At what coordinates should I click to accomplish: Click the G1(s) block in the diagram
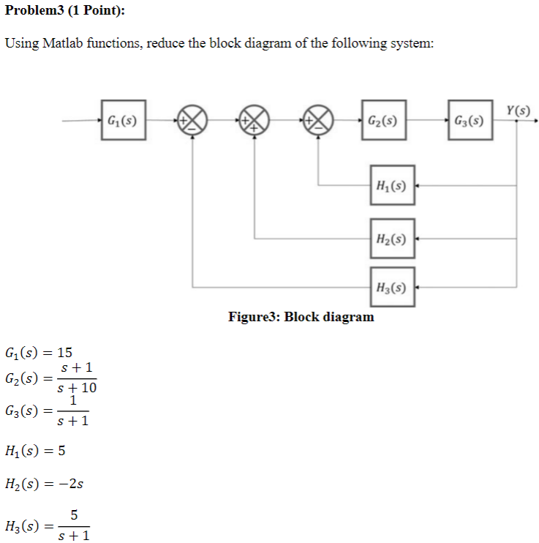[x=124, y=120]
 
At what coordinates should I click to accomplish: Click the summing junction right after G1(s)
[x=192, y=120]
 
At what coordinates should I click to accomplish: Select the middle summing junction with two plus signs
[x=255, y=120]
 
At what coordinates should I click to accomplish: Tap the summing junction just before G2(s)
[x=318, y=120]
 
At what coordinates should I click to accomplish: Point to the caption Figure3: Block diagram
[x=301, y=317]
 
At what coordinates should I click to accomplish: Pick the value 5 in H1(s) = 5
[x=62, y=450]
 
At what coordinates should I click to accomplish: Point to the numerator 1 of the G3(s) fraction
[x=73, y=401]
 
